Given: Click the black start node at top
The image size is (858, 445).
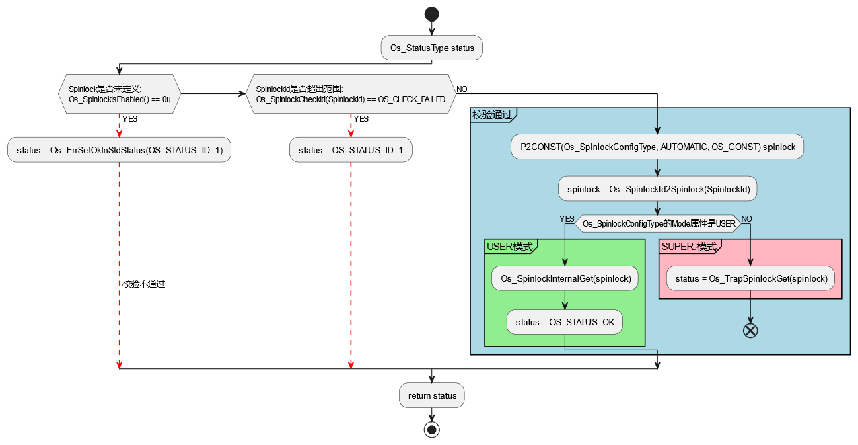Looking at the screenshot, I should point(431,14).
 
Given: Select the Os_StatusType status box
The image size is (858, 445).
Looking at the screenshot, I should point(432,48).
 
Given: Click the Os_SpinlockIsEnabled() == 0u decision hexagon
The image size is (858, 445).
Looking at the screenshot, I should point(119,94).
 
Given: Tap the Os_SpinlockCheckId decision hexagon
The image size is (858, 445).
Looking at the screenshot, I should point(351,94).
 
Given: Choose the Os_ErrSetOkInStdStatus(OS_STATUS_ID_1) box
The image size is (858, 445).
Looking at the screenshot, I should point(119,150).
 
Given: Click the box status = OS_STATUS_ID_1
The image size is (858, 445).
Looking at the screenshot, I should point(351,150).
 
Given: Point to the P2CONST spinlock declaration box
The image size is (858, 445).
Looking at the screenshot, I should point(657,147).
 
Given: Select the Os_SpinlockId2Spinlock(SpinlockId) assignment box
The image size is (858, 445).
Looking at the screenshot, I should point(657,189).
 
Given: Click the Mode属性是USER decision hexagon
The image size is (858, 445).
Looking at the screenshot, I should point(657,224).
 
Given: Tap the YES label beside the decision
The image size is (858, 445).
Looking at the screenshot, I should point(566,219).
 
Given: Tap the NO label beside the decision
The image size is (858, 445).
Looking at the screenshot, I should point(747,219).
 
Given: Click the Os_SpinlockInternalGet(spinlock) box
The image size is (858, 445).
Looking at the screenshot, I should point(565,278).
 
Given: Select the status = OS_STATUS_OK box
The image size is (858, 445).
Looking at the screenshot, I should point(565,322).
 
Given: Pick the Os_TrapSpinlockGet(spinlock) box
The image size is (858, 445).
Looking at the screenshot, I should point(750,278).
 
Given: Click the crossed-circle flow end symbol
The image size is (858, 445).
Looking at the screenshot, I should point(750,330).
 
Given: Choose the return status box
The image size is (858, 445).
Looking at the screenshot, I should point(432,395).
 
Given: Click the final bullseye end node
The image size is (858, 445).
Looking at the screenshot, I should point(431,429).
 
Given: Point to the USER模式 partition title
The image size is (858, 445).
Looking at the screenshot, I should point(509,247).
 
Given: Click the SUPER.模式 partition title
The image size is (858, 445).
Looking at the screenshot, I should point(688,247).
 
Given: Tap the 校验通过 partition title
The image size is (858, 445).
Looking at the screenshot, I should point(492,115).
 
